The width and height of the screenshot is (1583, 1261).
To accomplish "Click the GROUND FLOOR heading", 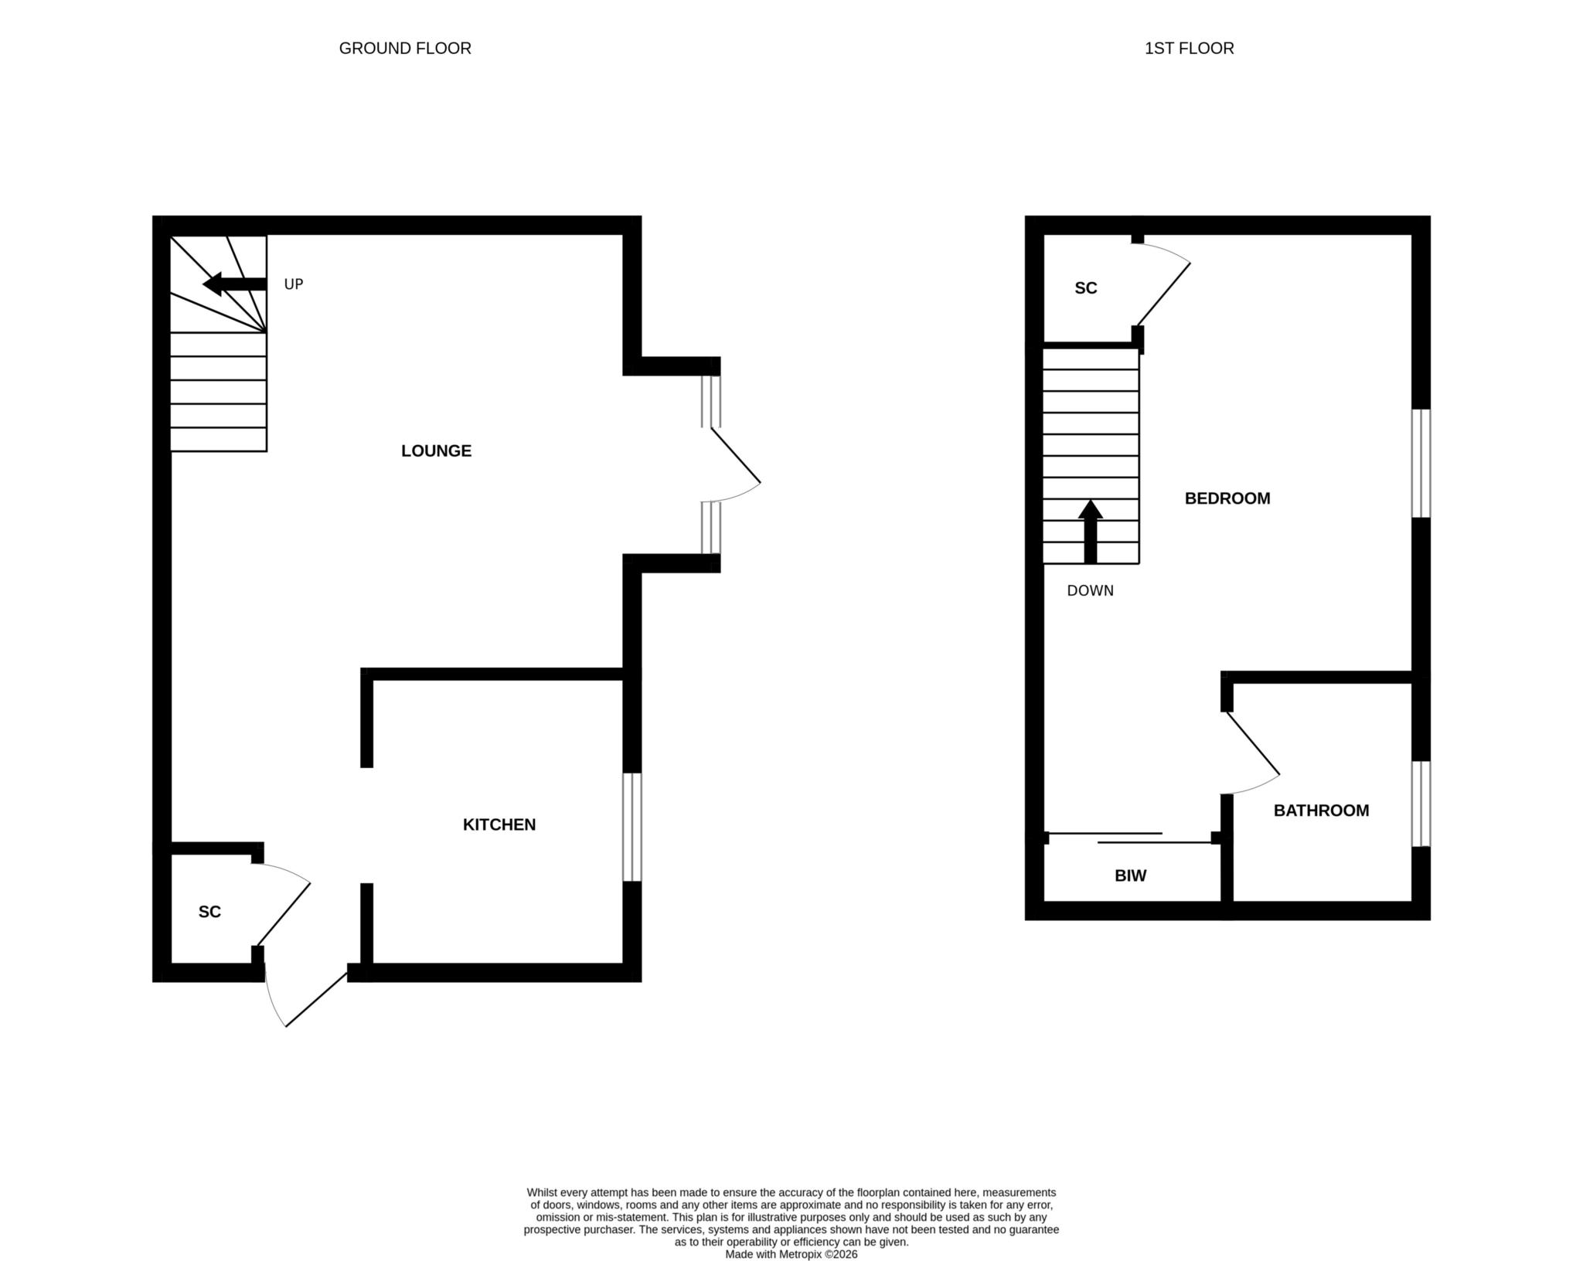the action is pyautogui.click(x=405, y=48).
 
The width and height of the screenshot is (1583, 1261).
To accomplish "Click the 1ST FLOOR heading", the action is pyautogui.click(x=1189, y=48).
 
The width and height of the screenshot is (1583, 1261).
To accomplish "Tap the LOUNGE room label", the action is pyautogui.click(x=436, y=450).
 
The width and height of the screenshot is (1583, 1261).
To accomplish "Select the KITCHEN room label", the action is pyautogui.click(x=499, y=824).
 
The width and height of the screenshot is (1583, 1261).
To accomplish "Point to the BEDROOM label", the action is pyautogui.click(x=1227, y=498).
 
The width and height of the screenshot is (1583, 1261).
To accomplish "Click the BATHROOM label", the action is pyautogui.click(x=1321, y=811).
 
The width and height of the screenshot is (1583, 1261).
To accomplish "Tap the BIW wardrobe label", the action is pyautogui.click(x=1130, y=875).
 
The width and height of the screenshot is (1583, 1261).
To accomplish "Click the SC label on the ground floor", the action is pyautogui.click(x=209, y=912).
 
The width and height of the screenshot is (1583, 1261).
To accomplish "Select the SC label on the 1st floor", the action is pyautogui.click(x=1086, y=288).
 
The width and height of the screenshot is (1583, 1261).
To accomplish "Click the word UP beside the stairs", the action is pyautogui.click(x=294, y=284).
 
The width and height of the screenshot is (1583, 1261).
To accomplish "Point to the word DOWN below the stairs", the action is pyautogui.click(x=1090, y=591).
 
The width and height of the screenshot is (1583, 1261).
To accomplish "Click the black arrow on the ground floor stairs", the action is pyautogui.click(x=234, y=284).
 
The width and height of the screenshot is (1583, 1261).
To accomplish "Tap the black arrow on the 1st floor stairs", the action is pyautogui.click(x=1090, y=532).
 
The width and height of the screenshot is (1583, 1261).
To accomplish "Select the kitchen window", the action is pyautogui.click(x=632, y=827).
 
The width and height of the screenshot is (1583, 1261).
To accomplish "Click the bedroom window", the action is pyautogui.click(x=1421, y=463).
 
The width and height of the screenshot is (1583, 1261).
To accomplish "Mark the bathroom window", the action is pyautogui.click(x=1421, y=804).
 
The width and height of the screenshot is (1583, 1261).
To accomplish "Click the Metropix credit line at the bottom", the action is pyautogui.click(x=791, y=1255).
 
